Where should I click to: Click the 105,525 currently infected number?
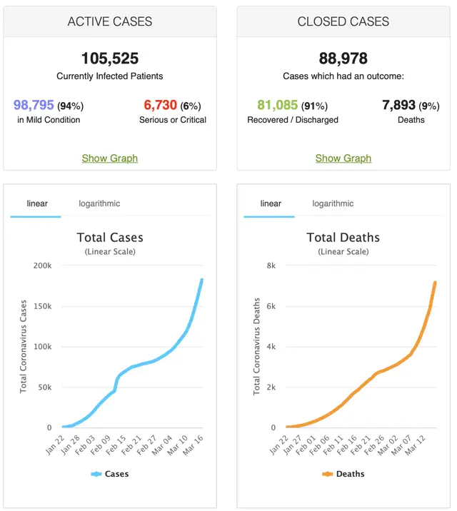coord(109,58)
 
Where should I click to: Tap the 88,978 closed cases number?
coord(343,58)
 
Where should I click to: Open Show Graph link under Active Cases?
coord(109,158)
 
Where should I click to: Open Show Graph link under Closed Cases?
coord(343,158)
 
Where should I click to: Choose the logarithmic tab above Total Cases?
coord(99,203)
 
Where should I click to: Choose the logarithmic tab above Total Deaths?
coord(333,203)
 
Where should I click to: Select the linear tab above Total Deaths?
coord(271,203)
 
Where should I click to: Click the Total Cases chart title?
coord(109,238)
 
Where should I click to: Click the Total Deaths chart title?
coord(343,238)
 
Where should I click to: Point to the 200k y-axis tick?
coord(41,265)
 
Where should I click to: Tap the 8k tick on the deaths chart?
coord(271,265)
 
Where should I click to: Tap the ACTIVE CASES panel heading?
coord(109,21)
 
